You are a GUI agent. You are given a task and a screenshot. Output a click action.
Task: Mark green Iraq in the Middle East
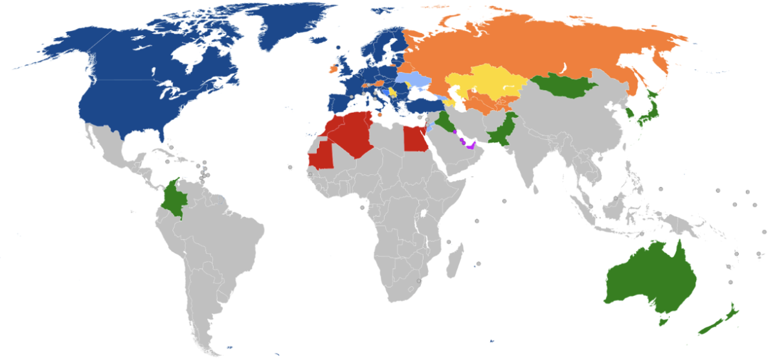point(445,121)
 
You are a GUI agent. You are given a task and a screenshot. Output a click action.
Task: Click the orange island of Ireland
point(333,67)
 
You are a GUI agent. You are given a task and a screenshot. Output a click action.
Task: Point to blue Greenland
point(285,26)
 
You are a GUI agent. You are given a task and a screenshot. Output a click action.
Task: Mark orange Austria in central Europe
point(379,84)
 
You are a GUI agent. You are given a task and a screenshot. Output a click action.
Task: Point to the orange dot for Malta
point(379,114)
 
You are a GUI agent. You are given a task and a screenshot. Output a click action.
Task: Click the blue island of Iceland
point(339,47)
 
